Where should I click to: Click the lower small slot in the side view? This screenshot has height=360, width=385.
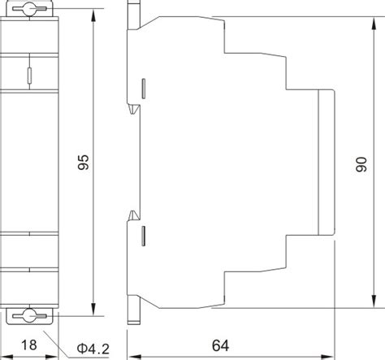(145, 236)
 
